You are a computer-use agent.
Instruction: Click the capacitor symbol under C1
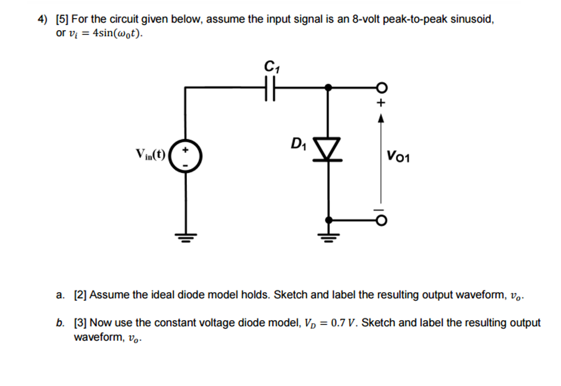click(268, 88)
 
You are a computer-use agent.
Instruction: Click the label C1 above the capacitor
click(270, 67)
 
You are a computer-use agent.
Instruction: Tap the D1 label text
click(299, 145)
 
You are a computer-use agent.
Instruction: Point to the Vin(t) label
click(150, 153)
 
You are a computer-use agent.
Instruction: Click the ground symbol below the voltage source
click(186, 237)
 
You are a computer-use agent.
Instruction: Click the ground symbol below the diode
click(328, 237)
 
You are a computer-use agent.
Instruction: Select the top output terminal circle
click(381, 88)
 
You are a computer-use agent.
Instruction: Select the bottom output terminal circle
click(381, 220)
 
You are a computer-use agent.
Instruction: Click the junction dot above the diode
click(328, 88)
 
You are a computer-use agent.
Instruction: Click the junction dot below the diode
click(328, 220)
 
